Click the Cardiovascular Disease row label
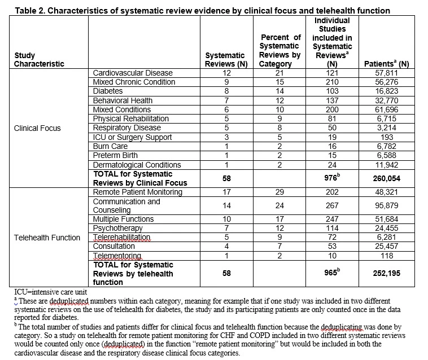133,73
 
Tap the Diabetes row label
108,91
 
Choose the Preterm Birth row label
113,156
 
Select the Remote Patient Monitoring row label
137,192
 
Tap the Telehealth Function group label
47,238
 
